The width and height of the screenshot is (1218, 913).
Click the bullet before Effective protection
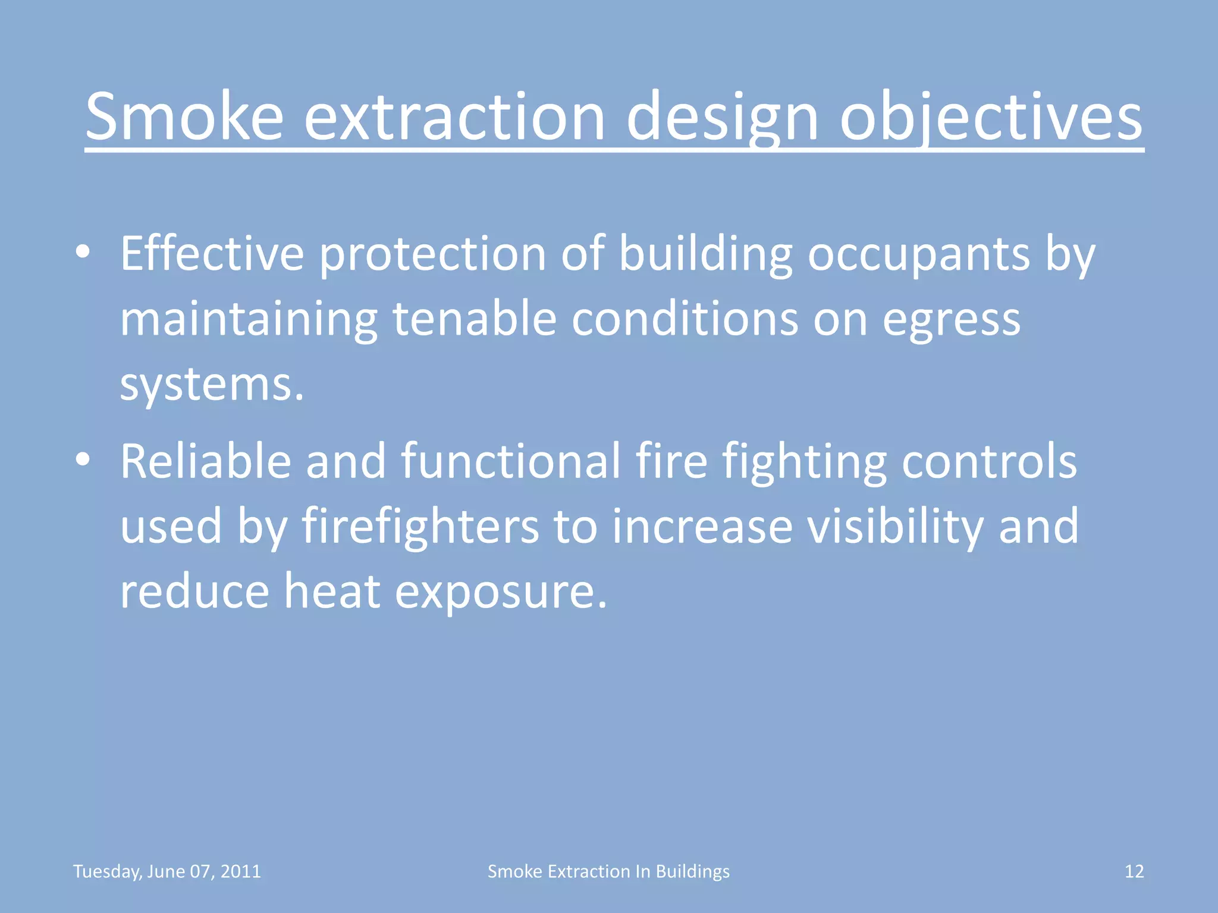[x=83, y=252]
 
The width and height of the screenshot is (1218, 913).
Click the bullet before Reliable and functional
[x=83, y=459]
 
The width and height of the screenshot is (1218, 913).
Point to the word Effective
[x=212, y=254]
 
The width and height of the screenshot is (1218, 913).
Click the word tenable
[x=474, y=319]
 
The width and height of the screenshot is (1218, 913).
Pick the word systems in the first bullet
[x=211, y=385]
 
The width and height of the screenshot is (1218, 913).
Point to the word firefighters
[x=420, y=527]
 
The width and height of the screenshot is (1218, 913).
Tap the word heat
[x=332, y=591]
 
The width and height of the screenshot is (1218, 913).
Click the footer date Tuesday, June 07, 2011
[x=167, y=871]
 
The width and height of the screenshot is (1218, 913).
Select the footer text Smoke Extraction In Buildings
[x=608, y=871]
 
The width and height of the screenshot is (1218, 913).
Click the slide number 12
[x=1134, y=871]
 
